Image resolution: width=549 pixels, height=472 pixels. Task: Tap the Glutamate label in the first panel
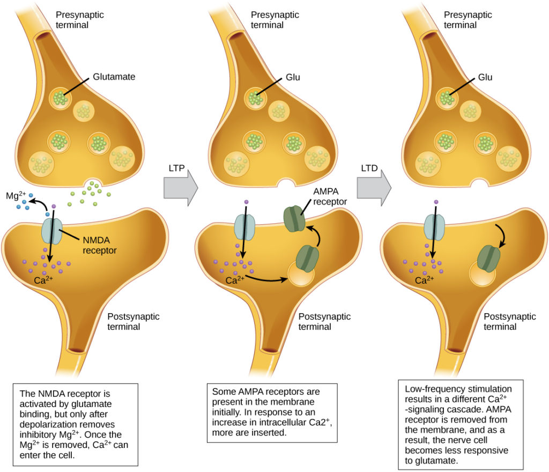tap(114, 77)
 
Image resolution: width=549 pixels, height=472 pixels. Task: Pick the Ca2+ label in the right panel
tap(425, 279)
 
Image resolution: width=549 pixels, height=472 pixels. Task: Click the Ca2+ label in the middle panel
tap(235, 279)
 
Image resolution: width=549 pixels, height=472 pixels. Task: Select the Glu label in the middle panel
tap(293, 77)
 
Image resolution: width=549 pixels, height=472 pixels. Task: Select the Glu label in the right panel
tap(484, 77)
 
